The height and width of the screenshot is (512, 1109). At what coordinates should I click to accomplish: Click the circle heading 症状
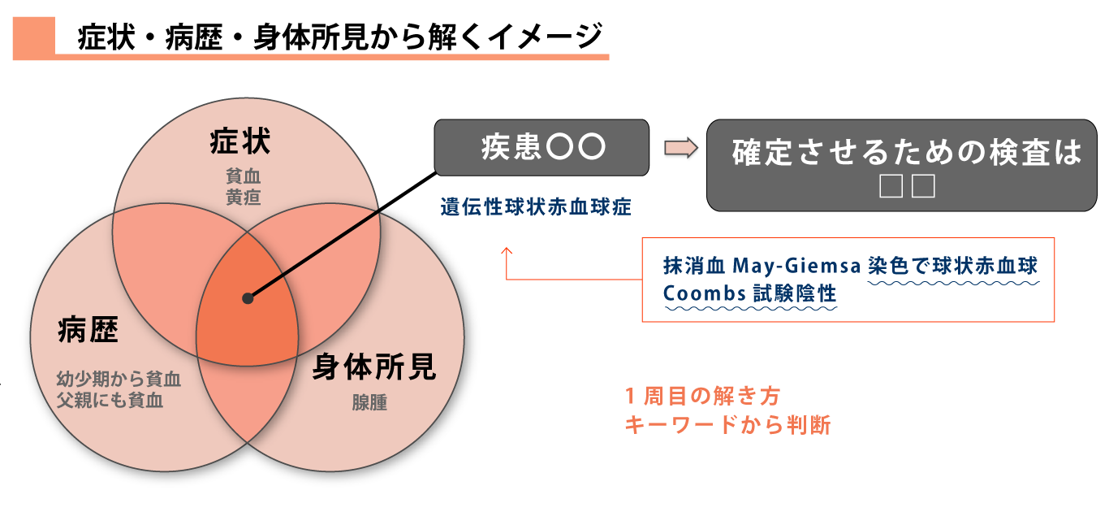[x=240, y=141]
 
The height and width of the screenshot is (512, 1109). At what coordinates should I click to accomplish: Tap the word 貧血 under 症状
[x=243, y=176]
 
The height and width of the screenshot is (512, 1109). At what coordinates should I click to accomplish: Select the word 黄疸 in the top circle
[x=243, y=197]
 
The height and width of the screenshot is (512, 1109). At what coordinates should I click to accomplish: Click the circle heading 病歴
[x=88, y=330]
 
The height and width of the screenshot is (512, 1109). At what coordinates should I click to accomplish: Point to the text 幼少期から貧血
[x=119, y=380]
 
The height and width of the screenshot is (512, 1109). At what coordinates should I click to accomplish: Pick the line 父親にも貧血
[x=110, y=401]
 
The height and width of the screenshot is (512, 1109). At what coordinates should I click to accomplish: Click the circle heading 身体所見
[x=374, y=367]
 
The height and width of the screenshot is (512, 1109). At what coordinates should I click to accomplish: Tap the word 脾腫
[x=369, y=402]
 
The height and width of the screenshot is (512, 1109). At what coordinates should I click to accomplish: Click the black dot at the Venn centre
[x=248, y=298]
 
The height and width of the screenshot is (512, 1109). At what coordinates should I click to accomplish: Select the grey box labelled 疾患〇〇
[x=542, y=147]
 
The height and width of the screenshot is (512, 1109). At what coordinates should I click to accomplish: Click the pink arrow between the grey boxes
[x=681, y=148]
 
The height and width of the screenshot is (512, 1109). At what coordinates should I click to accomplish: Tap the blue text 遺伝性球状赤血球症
[x=536, y=207]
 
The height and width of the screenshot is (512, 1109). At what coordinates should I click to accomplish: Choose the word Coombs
[x=704, y=293]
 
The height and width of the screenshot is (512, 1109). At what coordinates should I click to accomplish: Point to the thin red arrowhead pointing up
[x=506, y=251]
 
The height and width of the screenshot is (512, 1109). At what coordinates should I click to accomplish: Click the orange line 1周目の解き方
[x=702, y=396]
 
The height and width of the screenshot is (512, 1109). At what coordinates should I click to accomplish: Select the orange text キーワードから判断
[x=727, y=425]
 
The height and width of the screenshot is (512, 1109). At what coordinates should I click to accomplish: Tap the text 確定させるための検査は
[x=907, y=152]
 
